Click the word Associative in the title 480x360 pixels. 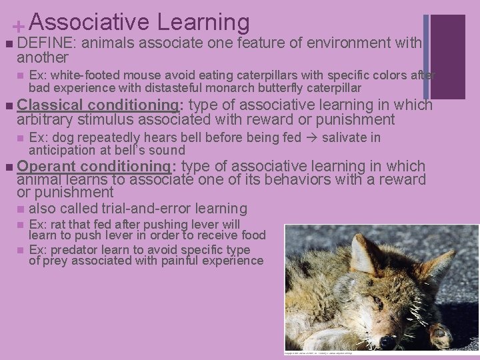(89, 22)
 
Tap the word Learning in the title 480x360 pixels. (203, 22)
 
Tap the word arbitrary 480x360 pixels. (46, 119)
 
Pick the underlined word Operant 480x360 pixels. (46, 166)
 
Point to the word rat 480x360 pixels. (60, 225)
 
